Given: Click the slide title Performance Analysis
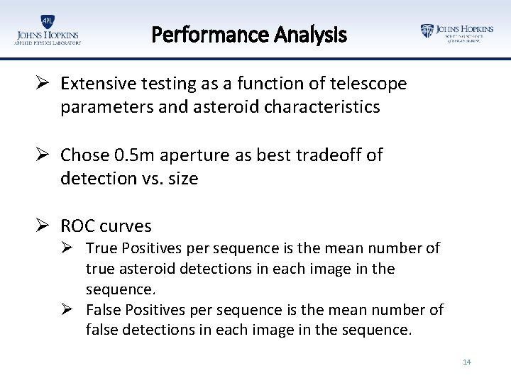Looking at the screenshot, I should point(249,34).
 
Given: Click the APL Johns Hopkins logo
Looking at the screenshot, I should point(48,30).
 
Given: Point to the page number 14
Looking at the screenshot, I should point(466,362).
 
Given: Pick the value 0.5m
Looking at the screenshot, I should point(140,155).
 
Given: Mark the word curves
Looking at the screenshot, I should point(126,226).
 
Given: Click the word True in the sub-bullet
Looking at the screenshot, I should point(101,248).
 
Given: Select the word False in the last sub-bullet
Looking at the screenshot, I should point(104,309).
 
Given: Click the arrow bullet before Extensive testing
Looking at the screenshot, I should point(44,84).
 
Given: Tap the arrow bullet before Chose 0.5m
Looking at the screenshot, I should point(44,155).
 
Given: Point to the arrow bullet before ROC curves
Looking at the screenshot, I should point(44,226).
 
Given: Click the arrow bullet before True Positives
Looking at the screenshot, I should point(73,248).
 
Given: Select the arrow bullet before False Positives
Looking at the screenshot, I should point(73,309).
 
